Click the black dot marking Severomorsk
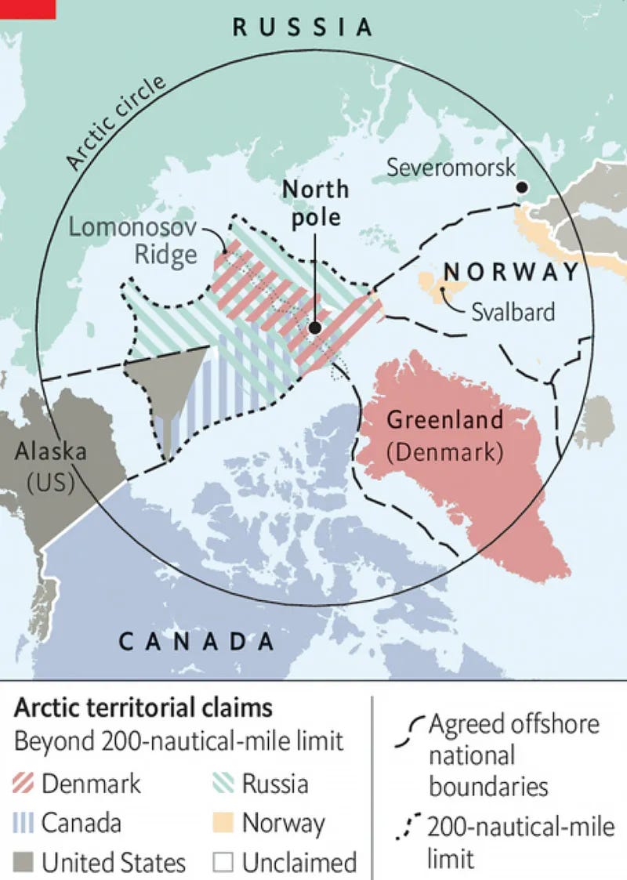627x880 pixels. [520, 188]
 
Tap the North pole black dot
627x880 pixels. [315, 329]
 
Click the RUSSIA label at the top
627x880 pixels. [303, 28]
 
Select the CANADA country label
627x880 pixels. [197, 642]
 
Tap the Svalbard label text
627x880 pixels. [513, 311]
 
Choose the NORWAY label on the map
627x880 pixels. [511, 272]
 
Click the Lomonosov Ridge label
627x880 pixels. [133, 241]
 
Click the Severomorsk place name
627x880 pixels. [451, 167]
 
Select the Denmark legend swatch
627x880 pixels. [25, 783]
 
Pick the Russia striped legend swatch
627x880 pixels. [224, 783]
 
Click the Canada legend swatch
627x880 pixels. [25, 823]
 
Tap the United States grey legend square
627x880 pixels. [25, 863]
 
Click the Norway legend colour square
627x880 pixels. [224, 823]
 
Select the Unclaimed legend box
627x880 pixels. [224, 863]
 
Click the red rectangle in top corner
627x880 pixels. [27, 9]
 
